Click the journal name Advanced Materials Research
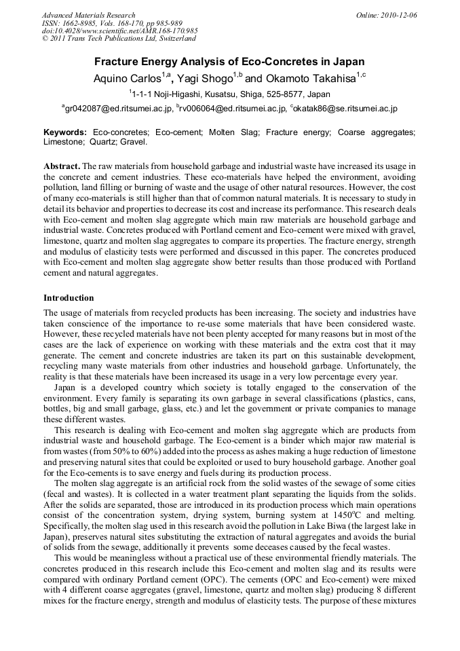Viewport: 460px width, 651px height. click(x=88, y=15)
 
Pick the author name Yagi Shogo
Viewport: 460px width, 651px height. click(x=203, y=79)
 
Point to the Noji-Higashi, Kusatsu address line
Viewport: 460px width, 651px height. click(x=231, y=94)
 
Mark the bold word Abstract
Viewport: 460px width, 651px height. click(x=62, y=166)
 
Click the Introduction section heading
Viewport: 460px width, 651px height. click(x=69, y=297)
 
